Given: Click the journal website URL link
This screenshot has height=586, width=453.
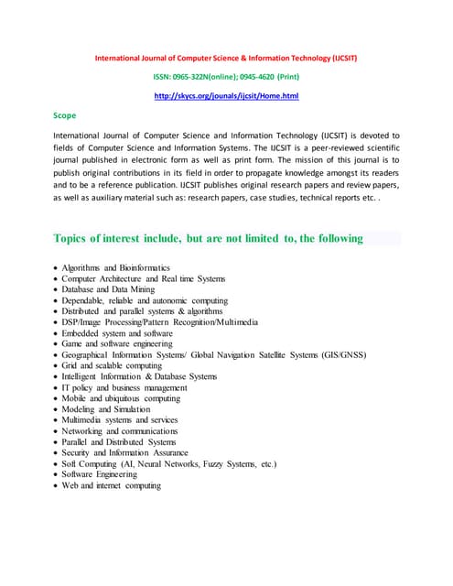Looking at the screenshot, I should click(226, 95).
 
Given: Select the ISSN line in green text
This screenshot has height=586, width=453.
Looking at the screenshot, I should click(226, 76).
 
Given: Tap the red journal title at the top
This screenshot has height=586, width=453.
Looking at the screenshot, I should click(226, 58).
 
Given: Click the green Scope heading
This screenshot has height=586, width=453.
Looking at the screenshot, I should click(65, 115).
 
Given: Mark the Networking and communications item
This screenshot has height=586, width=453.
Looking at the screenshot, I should click(119, 431).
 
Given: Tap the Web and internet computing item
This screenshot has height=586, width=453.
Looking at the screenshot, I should click(111, 485).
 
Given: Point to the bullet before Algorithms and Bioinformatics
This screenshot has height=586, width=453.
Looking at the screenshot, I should click(56, 268).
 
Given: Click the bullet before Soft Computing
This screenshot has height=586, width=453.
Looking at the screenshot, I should click(56, 464).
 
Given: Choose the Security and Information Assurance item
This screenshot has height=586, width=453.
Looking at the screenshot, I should click(124, 453).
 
